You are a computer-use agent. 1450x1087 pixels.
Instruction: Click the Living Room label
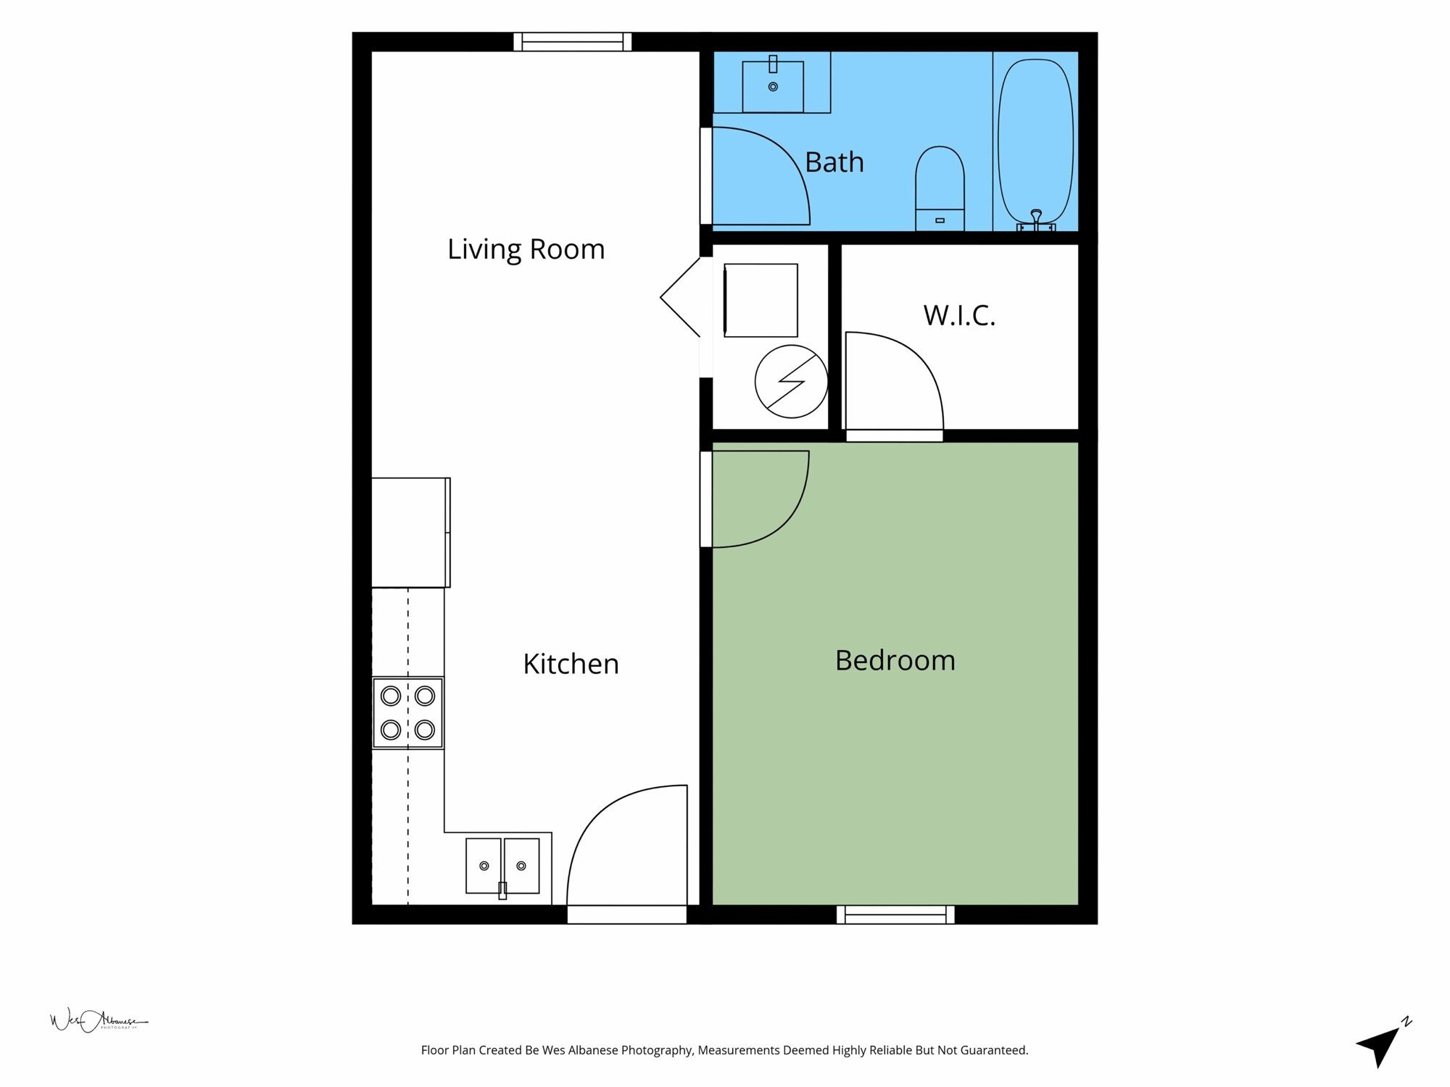526,249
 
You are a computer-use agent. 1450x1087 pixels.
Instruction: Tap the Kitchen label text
571,664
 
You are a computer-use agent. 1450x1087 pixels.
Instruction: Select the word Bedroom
895,660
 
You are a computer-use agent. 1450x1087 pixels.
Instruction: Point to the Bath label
834,162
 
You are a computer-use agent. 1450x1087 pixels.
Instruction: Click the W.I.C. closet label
959,315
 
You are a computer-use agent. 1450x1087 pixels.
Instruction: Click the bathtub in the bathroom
1035,143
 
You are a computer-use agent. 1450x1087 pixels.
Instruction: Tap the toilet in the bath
940,188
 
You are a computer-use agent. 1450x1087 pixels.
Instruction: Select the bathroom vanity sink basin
773,86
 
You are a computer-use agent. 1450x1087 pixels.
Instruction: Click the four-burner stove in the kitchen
407,712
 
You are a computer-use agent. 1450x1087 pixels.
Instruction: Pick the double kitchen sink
502,866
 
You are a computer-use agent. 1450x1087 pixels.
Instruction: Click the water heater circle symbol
791,381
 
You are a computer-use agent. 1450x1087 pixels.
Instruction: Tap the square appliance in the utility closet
761,300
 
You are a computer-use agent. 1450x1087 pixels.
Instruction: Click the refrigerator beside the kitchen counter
411,533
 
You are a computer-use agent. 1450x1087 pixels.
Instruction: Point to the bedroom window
895,915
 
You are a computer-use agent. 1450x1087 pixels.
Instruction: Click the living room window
573,42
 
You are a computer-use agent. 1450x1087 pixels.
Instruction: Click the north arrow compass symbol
1382,1044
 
